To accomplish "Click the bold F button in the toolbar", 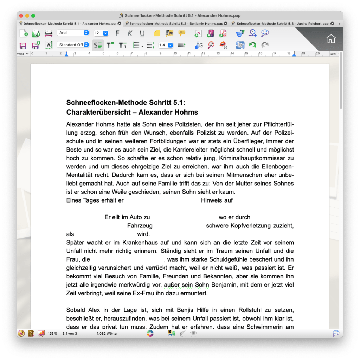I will click(x=118, y=33).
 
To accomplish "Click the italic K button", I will click(x=130, y=33).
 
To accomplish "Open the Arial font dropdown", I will click(x=73, y=33).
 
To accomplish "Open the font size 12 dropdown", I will click(x=101, y=33).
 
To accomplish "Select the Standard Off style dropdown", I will click(x=73, y=45).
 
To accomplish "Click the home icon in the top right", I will click(x=331, y=39).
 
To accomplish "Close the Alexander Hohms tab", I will click(x=119, y=24).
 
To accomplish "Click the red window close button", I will click(x=21, y=15).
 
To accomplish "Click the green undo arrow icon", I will click(x=252, y=45).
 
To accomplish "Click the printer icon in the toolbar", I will click(x=48, y=33).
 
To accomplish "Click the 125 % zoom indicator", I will click(x=53, y=333).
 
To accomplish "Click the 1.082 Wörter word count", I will click(x=107, y=333).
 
